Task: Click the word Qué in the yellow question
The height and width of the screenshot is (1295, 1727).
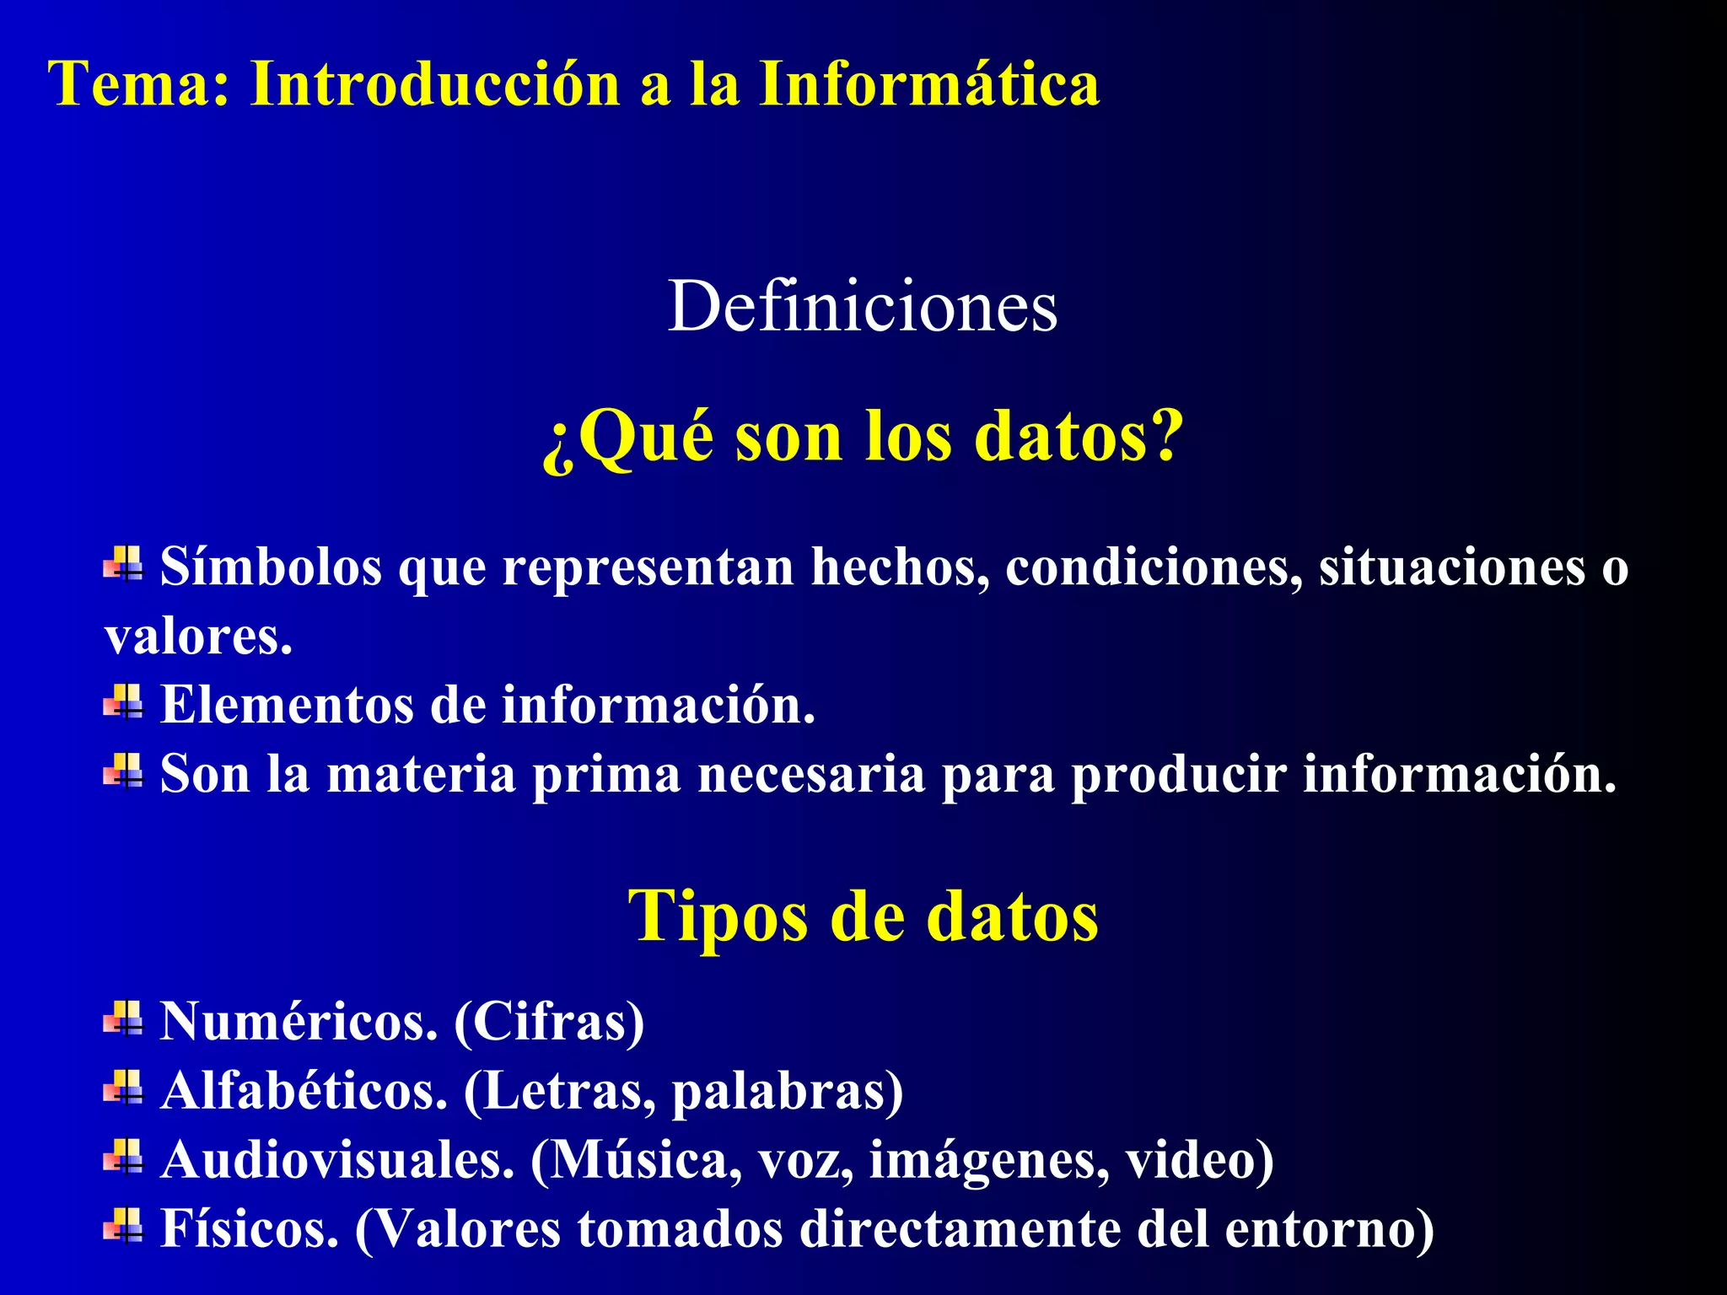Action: click(x=646, y=437)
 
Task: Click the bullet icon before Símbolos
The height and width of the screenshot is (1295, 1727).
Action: click(x=123, y=563)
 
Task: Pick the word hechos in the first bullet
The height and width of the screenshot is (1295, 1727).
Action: click(x=899, y=567)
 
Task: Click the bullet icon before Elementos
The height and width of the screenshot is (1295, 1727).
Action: click(x=123, y=701)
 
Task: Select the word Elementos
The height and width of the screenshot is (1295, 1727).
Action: click(x=287, y=705)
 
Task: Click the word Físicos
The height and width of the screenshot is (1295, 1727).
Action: click(x=249, y=1229)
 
